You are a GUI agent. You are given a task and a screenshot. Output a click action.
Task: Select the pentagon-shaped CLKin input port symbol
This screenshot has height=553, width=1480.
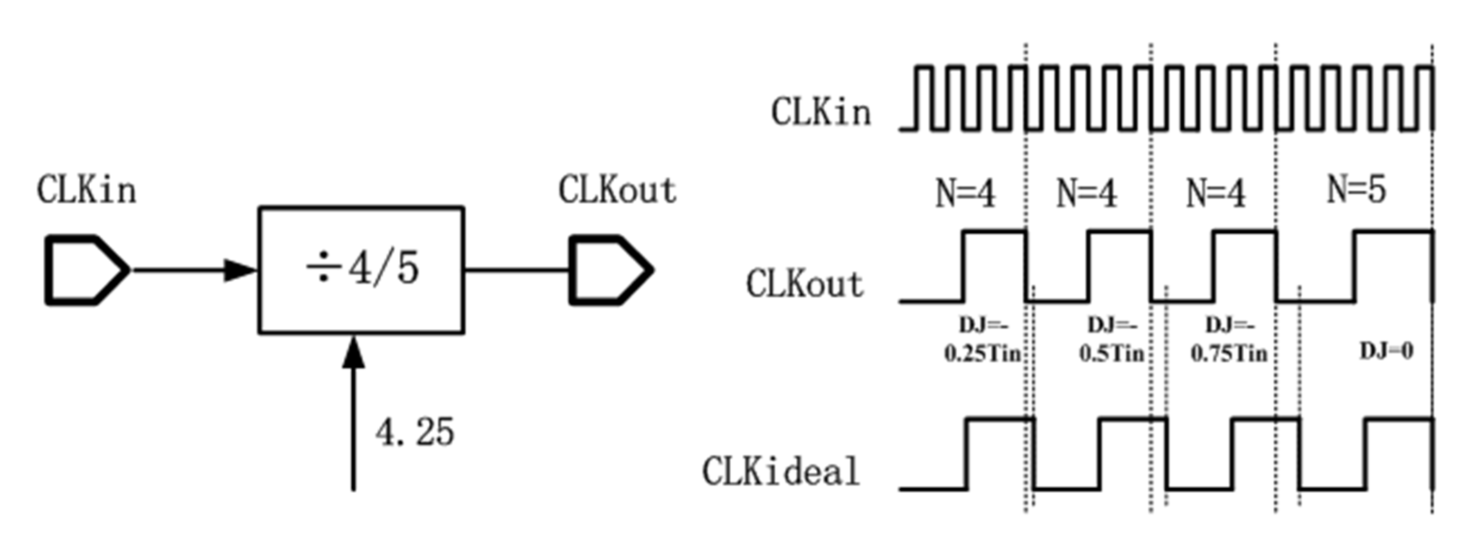[x=86, y=269]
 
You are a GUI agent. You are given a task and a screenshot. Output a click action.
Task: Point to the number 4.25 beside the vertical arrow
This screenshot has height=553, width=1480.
[x=414, y=432]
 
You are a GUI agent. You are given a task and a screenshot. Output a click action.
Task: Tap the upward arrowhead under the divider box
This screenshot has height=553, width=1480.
[x=353, y=352]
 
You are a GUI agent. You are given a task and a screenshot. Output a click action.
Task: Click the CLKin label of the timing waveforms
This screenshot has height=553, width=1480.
[x=821, y=112]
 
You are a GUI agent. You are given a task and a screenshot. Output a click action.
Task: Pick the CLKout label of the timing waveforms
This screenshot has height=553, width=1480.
[x=804, y=284]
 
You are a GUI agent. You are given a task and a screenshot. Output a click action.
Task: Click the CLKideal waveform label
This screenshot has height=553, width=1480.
[x=780, y=471]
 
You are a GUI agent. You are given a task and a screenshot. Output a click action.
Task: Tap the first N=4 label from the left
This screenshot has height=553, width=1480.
[x=965, y=193]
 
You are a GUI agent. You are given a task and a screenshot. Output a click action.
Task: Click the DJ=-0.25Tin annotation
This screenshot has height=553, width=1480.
[x=982, y=340]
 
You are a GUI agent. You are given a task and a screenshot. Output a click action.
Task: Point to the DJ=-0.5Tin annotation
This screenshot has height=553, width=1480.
[x=1112, y=340]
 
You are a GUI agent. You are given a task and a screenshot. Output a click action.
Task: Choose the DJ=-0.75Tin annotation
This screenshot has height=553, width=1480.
[x=1229, y=340]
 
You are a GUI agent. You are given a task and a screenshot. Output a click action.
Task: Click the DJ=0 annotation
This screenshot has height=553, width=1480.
[x=1386, y=351]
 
